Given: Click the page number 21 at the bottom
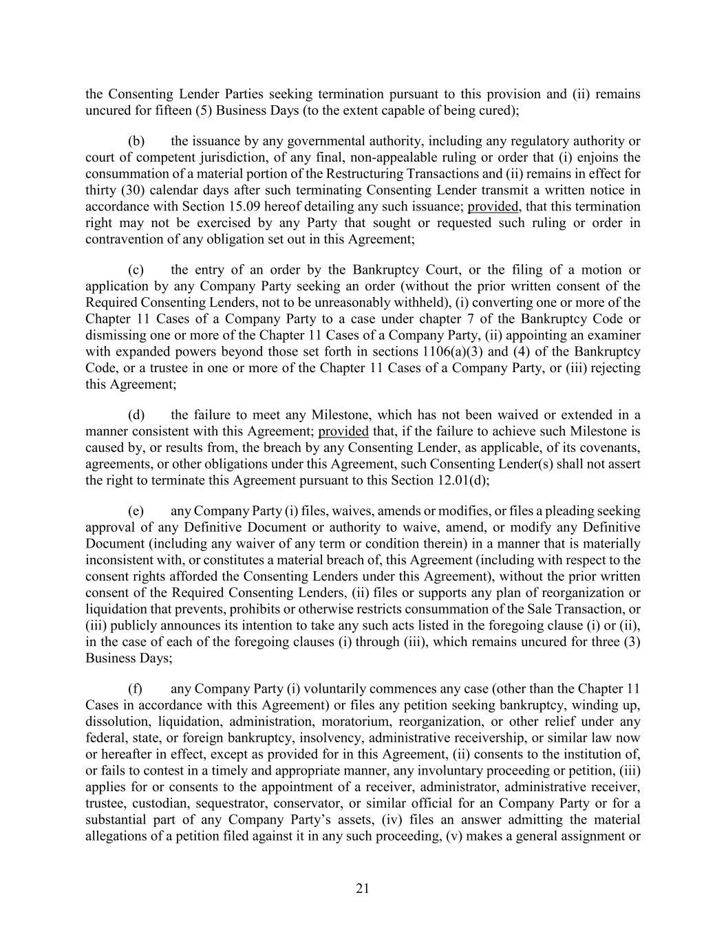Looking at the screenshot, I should (363, 888).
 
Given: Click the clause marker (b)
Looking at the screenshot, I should (136, 141).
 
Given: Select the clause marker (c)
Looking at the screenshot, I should (136, 270).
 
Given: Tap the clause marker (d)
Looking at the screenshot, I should (136, 415).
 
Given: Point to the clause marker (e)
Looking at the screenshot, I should (136, 511).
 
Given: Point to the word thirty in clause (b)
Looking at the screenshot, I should (100, 191).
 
